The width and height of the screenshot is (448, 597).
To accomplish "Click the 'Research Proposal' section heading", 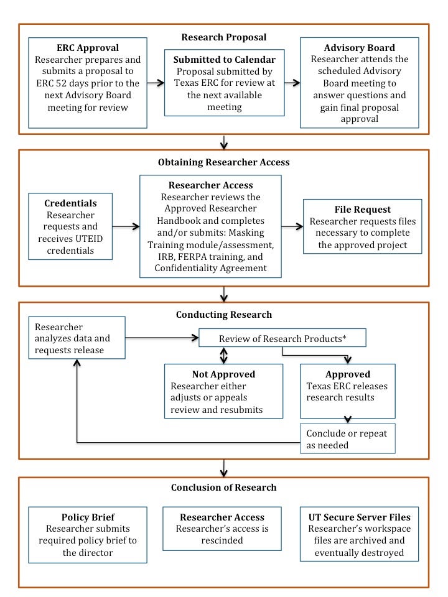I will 224,37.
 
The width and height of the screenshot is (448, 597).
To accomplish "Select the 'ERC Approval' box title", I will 88,47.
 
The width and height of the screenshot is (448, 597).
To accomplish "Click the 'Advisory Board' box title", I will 359,47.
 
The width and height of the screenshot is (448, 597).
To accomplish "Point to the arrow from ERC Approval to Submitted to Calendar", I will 156,82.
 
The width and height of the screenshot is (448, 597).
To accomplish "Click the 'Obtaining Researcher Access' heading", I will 224,162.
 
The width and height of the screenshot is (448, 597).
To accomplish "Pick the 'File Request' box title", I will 363,209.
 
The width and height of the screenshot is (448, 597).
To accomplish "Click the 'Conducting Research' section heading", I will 224,315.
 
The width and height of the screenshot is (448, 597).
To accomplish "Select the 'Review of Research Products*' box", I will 281,338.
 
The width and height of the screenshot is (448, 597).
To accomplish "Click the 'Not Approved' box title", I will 223,374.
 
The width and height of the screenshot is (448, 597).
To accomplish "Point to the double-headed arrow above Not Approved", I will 223,355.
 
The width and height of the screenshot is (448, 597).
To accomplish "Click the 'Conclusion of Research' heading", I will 224,487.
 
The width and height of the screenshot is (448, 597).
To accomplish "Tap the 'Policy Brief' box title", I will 88,517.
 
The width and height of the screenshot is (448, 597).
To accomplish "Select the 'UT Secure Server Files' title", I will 359,517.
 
